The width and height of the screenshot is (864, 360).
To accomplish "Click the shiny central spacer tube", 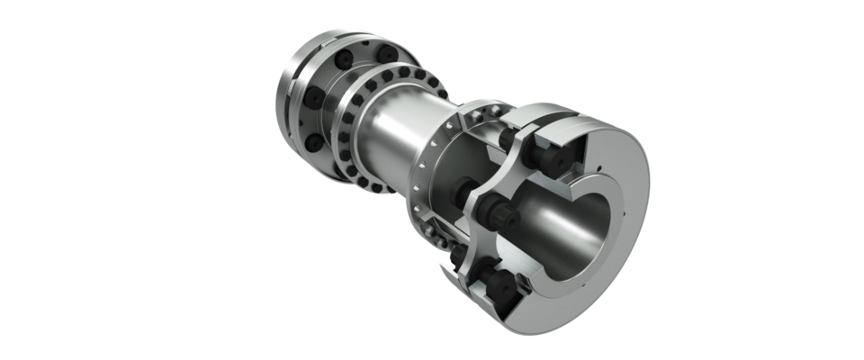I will click(x=405, y=135).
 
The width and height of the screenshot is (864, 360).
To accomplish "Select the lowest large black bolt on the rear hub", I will click(x=311, y=144).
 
